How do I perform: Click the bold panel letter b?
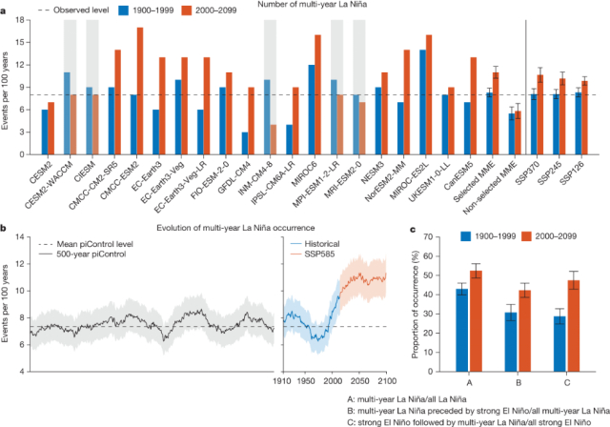5,227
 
